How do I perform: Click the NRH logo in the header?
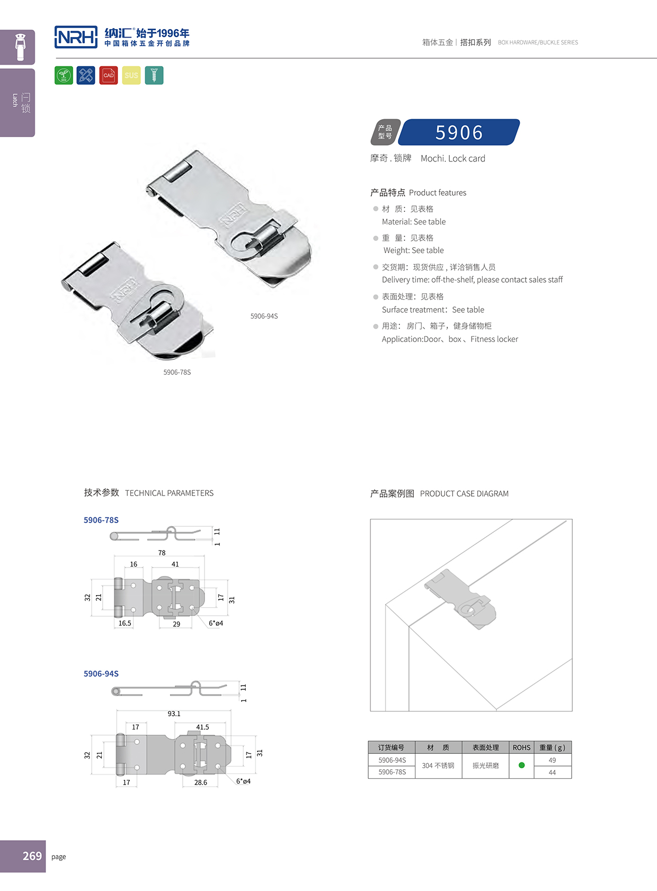(x=76, y=37)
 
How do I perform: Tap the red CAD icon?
(x=109, y=76)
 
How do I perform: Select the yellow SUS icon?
(x=131, y=76)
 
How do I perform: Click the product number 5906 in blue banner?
(x=459, y=132)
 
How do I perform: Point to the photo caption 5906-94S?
(x=264, y=316)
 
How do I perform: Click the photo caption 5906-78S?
(x=177, y=372)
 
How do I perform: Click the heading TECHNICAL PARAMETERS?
(x=169, y=493)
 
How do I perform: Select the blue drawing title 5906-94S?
(x=101, y=673)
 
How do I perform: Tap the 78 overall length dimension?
(x=162, y=553)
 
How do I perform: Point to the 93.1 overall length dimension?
(x=174, y=714)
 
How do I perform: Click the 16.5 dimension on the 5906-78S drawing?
(x=125, y=623)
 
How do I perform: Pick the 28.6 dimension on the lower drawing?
(x=200, y=782)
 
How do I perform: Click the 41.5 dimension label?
(x=202, y=727)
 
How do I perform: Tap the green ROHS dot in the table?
(x=521, y=765)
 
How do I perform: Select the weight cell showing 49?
(x=552, y=760)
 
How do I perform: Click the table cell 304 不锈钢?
(x=438, y=766)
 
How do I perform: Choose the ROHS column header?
(x=521, y=748)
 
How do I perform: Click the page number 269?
(x=32, y=856)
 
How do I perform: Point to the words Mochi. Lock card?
(x=452, y=158)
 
